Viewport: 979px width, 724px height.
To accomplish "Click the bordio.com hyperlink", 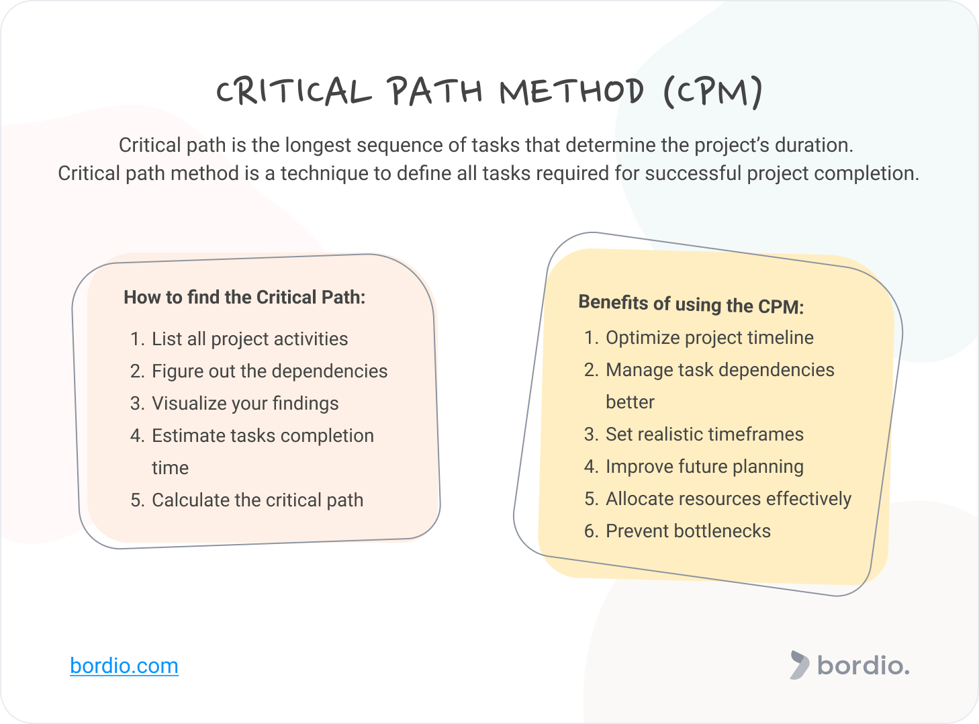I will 124,666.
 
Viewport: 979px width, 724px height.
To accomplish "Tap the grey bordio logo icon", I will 799,665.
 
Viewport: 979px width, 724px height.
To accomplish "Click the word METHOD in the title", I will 571,91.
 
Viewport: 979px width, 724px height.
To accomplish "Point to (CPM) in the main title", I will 712,91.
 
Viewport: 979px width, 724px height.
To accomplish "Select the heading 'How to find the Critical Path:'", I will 244,298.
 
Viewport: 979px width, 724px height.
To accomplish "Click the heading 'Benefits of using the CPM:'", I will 691,304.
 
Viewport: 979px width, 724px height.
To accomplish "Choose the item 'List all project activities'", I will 250,339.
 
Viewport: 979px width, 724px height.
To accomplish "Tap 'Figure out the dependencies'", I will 269,371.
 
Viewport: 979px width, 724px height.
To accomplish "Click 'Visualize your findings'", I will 245,404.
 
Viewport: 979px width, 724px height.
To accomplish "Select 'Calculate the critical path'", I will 257,500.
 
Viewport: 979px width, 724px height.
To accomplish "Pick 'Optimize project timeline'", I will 710,338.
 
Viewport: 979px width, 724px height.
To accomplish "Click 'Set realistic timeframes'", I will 704,435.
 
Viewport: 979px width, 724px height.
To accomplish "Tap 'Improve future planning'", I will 704,467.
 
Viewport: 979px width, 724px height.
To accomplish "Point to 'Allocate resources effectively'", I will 729,499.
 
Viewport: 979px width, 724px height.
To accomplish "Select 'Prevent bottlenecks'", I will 688,531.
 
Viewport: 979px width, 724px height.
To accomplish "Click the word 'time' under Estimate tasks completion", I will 170,468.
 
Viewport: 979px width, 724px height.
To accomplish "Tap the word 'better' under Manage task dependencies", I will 630,402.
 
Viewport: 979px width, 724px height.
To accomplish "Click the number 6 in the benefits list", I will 590,531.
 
